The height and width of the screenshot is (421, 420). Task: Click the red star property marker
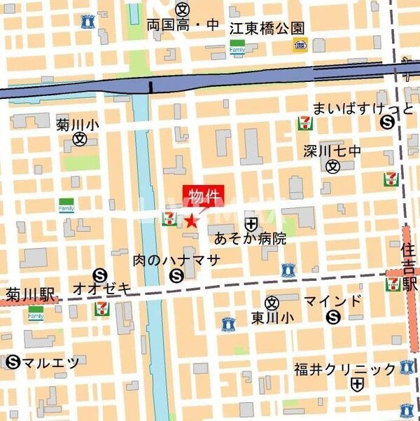click(192, 221)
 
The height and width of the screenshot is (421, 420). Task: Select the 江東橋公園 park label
click(267, 27)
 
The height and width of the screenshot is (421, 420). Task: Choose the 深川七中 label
click(333, 150)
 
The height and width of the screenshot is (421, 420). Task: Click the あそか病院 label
click(250, 238)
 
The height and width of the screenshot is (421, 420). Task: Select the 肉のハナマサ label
click(176, 260)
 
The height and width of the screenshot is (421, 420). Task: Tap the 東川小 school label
click(272, 318)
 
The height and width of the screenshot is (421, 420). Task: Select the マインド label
click(333, 302)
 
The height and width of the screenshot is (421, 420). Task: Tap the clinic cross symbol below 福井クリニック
click(358, 384)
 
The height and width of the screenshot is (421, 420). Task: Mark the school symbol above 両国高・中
click(183, 9)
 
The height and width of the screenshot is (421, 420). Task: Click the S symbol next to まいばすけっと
click(386, 122)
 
